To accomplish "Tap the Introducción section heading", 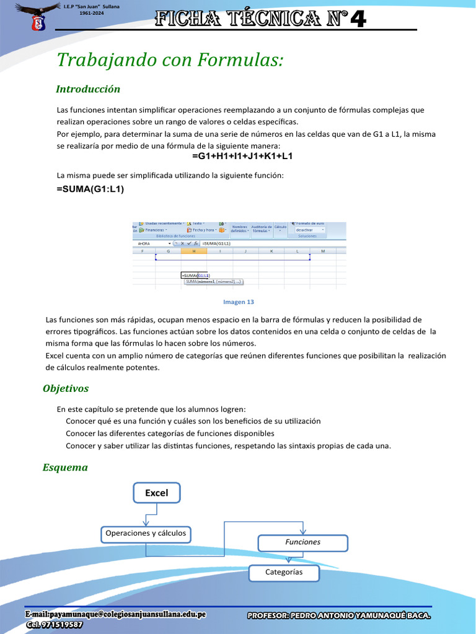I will tap(87, 89).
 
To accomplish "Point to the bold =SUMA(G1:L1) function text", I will tap(90, 189).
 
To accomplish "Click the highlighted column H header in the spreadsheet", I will tap(193, 251).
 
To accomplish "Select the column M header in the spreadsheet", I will tap(322, 251).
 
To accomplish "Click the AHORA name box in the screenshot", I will tap(149, 243).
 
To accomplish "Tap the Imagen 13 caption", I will tap(238, 302).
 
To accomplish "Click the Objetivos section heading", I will tap(65, 389).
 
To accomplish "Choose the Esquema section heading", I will tap(64, 467).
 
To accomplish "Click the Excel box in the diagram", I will tap(156, 493).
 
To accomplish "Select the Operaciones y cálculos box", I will tap(145, 533).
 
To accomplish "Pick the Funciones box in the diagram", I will tap(302, 542).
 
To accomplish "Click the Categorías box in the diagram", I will tap(284, 573).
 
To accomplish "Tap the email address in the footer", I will tap(115, 614).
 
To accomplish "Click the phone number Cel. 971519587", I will tap(54, 625).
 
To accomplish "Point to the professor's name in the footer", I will tap(338, 615).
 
